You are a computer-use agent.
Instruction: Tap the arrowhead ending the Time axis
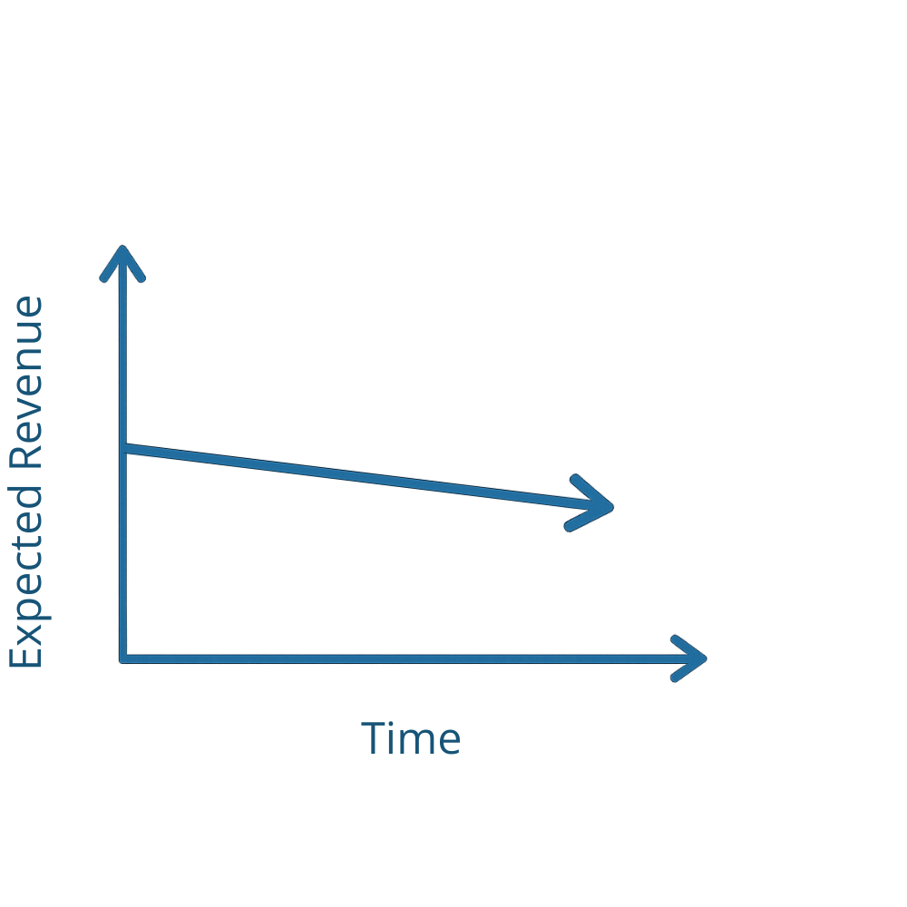click(704, 659)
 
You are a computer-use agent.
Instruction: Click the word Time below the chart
click(410, 739)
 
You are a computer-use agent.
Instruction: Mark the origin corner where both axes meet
click(122, 659)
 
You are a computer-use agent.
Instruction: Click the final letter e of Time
click(445, 742)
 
